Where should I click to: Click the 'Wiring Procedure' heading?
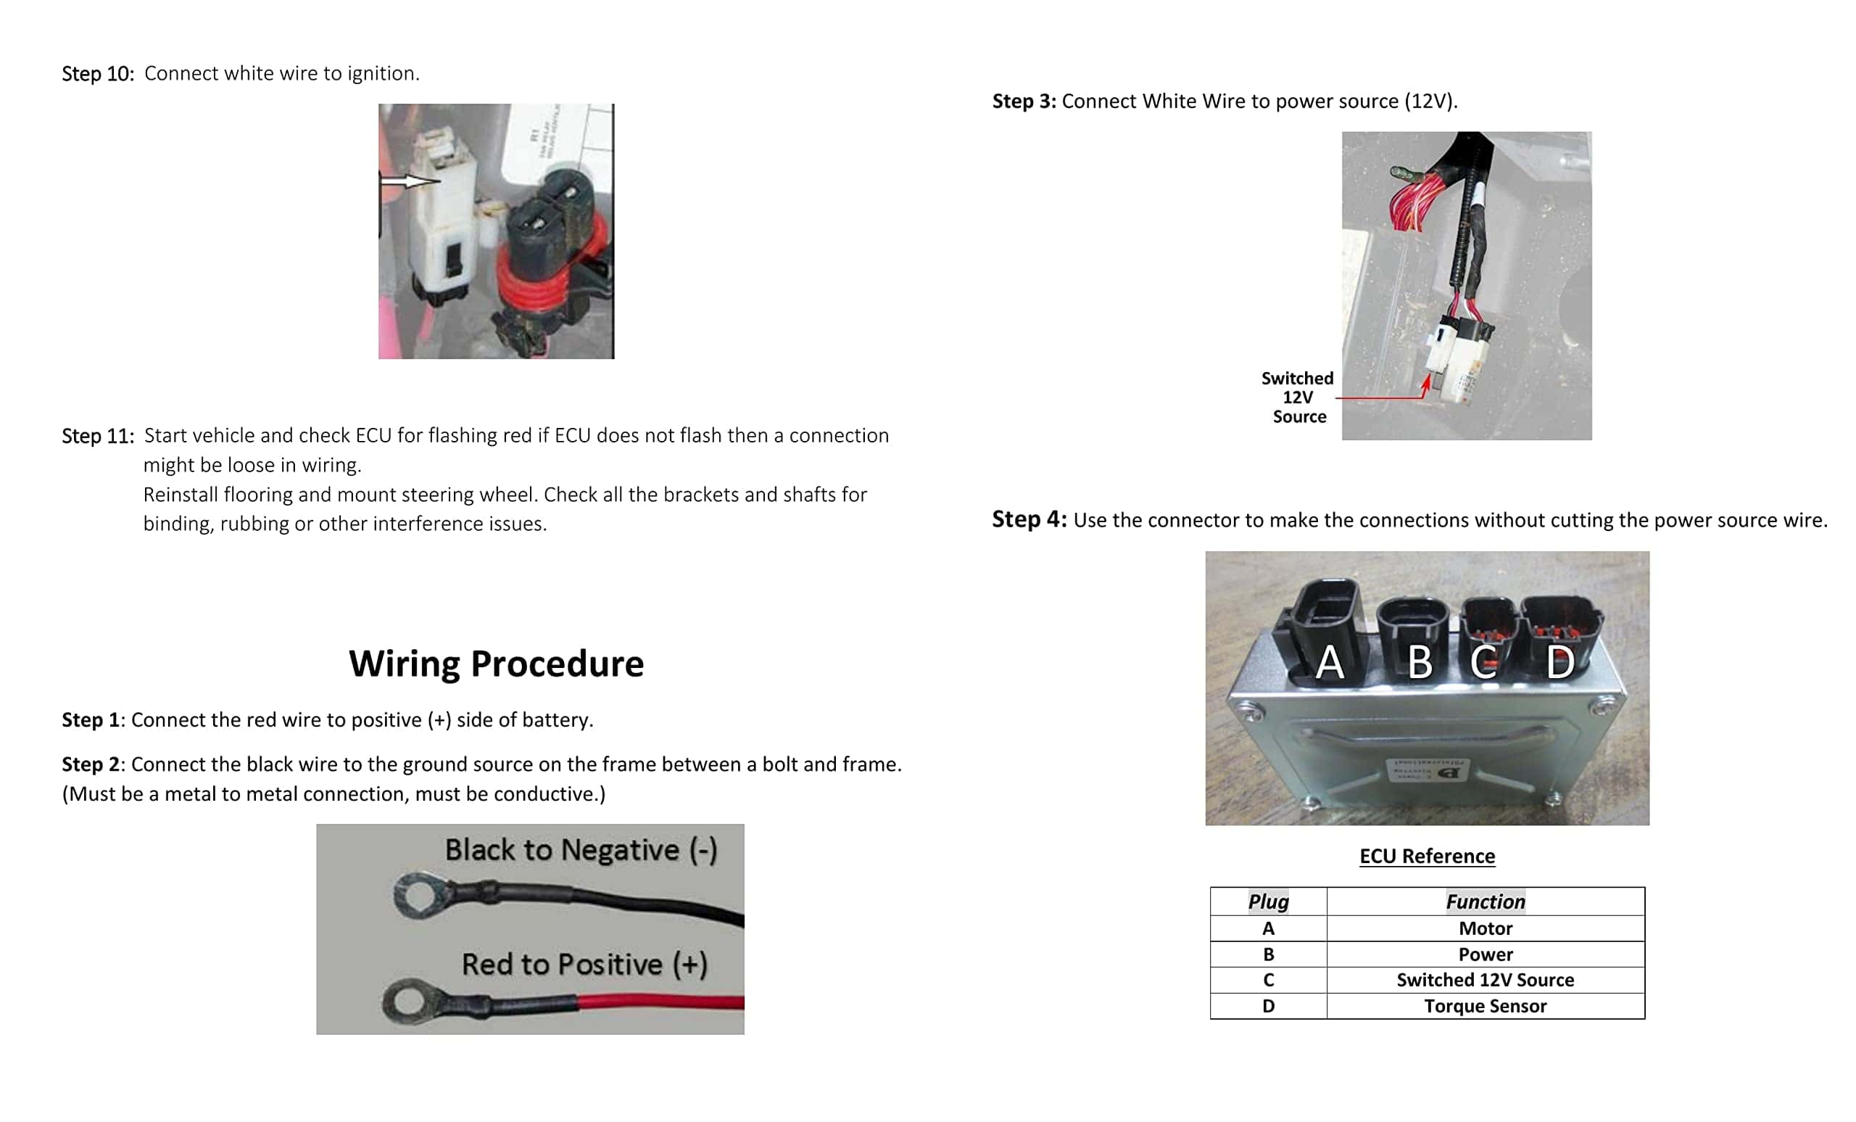tap(496, 663)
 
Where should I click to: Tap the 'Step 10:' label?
tap(98, 74)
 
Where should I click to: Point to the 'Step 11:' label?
tap(98, 436)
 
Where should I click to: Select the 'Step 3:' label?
tap(1024, 101)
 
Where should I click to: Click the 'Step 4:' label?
tap(1029, 519)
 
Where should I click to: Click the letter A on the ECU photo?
tap(1330, 662)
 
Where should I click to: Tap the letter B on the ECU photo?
tap(1419, 662)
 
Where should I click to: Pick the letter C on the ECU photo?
tap(1483, 662)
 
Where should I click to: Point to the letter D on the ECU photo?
tap(1559, 662)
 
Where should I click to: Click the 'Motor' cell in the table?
tap(1485, 928)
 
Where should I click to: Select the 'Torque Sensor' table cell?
tap(1485, 1006)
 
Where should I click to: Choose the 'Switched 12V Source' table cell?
tap(1485, 980)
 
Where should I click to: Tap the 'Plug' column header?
tap(1268, 902)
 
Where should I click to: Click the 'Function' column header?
tap(1485, 902)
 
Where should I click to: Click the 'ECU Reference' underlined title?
tap(1427, 856)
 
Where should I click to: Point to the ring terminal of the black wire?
tap(417, 895)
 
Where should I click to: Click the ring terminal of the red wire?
tap(407, 1002)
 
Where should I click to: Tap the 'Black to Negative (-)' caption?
tap(580, 850)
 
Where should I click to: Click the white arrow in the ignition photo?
tap(409, 181)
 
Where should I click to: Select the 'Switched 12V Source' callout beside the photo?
tap(1298, 397)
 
